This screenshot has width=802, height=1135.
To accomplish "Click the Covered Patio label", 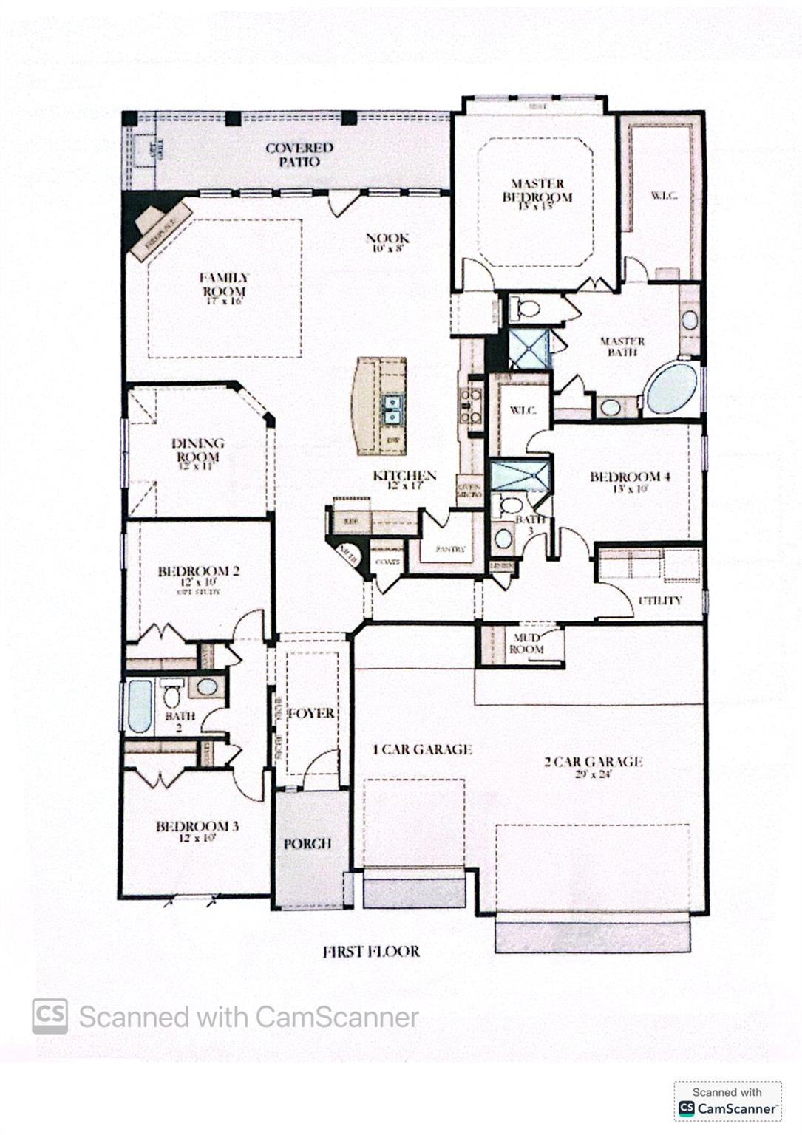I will [299, 154].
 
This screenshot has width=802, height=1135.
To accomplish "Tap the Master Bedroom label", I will [537, 191].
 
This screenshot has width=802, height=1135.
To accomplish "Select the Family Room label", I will [224, 284].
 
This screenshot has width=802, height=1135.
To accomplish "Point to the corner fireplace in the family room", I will [158, 228].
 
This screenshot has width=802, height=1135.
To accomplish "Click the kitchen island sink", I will [392, 408].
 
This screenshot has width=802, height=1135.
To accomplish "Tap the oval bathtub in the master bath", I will [672, 389].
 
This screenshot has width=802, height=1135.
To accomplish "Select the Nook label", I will [387, 239].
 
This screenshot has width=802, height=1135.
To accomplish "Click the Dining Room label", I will [197, 450].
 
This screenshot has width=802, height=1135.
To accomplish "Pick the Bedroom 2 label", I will [198, 571].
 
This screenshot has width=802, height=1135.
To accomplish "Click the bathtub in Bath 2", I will [139, 706].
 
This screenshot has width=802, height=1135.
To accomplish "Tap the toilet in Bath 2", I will [171, 695].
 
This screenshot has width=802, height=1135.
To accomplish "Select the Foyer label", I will [311, 713].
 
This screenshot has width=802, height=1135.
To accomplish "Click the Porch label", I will [307, 843].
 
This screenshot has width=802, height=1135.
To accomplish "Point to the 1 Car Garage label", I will [422, 749].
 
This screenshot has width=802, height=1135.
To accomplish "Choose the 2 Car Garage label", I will [593, 762].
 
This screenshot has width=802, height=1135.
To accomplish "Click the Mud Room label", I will [526, 643].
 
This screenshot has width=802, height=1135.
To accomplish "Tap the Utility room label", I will [660, 601].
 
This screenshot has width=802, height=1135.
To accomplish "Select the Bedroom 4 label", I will [630, 477].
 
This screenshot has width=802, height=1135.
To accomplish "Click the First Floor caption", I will [371, 952].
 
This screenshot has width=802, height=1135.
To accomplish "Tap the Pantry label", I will [450, 549].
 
